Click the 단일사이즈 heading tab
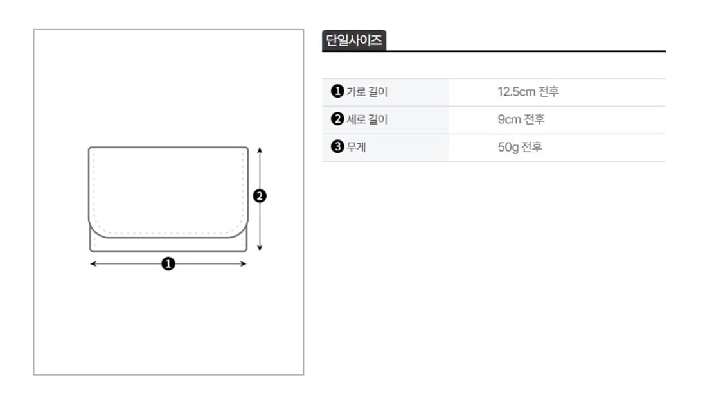353,40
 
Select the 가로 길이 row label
367,92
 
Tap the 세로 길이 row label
367,119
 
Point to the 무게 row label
357,147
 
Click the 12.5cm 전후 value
528,92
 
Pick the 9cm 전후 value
521,119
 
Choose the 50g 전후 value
520,147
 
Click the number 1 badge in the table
337,91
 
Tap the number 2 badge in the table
337,119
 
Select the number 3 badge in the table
337,146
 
